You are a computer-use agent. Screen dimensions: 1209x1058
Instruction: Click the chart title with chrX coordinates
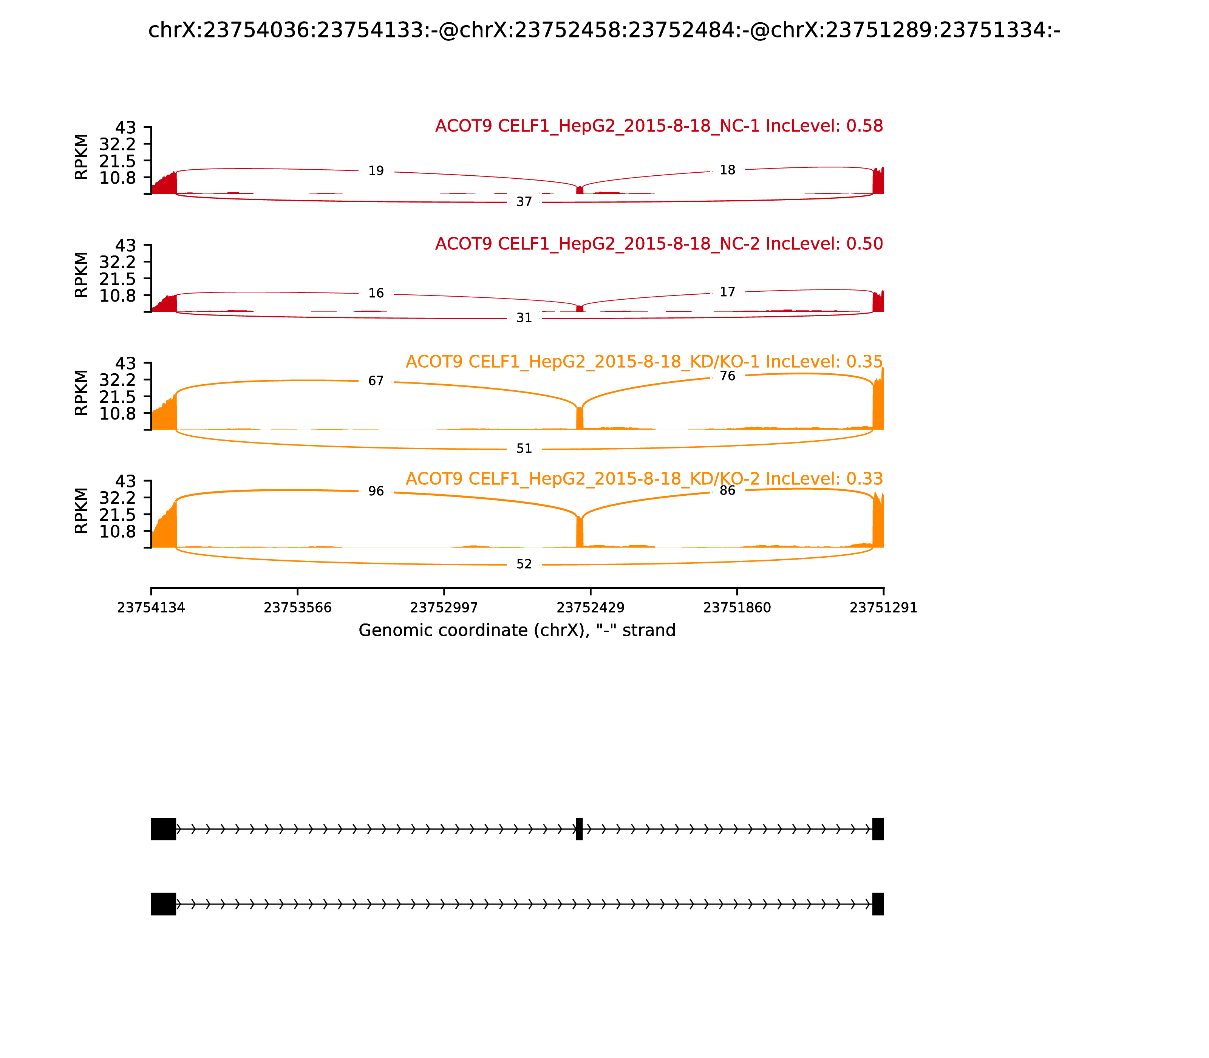604,30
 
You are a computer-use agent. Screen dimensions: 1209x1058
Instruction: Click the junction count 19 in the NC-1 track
376,171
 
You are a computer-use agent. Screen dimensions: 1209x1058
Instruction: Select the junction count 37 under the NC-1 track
524,202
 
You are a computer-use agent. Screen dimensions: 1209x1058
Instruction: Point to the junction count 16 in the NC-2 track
376,294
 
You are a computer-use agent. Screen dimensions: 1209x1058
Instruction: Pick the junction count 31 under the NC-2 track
524,318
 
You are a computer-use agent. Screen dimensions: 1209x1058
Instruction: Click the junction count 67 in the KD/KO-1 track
376,381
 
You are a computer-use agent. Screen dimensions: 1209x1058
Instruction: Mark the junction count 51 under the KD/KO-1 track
524,449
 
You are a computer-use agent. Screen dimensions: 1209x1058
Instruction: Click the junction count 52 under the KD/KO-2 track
524,565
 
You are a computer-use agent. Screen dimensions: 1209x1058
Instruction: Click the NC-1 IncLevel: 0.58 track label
659,126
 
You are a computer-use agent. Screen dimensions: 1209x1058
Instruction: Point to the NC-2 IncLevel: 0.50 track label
659,244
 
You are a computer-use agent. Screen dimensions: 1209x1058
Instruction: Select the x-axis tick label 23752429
590,608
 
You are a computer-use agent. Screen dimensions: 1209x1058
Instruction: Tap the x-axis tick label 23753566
298,608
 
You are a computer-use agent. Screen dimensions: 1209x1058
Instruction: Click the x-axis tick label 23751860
737,608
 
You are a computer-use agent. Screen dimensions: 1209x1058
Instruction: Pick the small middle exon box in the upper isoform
579,829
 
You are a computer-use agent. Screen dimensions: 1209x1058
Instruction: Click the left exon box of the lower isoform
164,904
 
